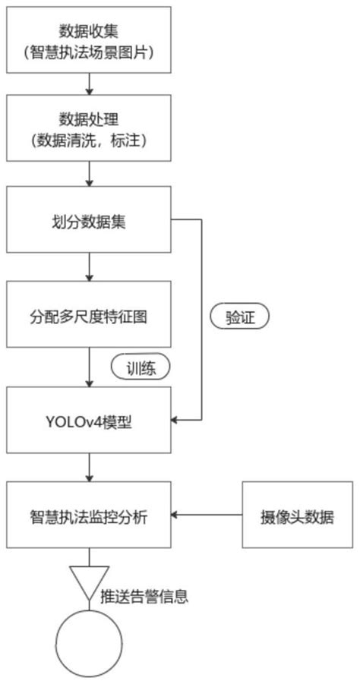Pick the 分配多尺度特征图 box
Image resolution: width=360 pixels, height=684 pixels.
[90, 315]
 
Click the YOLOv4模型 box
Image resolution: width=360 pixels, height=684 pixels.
[90, 419]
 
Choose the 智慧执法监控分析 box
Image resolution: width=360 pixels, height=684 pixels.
[90, 515]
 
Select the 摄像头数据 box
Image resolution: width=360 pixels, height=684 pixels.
[297, 515]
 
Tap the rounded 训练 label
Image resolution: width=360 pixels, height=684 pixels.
[141, 368]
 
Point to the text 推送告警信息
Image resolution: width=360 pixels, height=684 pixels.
[144, 596]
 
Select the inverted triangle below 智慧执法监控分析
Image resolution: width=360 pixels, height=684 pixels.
[90, 581]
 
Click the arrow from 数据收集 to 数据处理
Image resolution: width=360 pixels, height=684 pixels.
[90, 81]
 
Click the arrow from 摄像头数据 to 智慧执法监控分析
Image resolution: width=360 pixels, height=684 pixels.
[207, 515]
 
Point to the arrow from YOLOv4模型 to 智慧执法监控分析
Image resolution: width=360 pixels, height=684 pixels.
[90, 467]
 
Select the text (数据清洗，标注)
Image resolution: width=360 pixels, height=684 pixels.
[90, 141]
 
